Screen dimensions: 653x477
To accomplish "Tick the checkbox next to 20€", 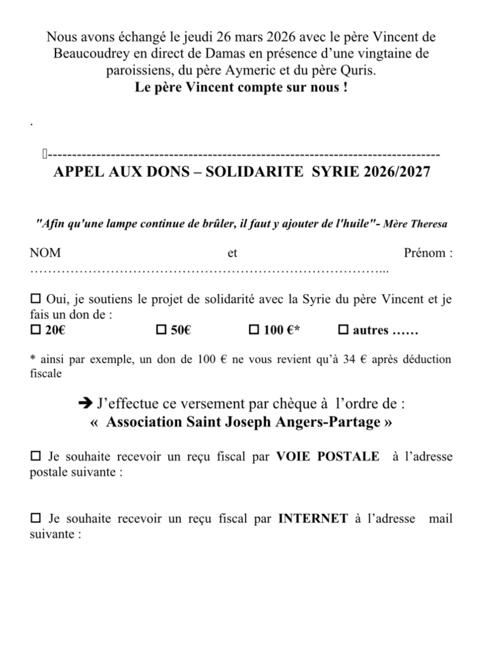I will [35, 330].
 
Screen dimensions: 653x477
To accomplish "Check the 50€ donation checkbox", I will [160, 330].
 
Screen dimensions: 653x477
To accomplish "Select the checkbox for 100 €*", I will [253, 330].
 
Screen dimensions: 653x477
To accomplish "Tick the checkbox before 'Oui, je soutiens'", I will [35, 298].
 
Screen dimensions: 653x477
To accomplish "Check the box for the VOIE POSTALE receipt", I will [35, 457].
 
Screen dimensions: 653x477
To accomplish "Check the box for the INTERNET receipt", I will [35, 518].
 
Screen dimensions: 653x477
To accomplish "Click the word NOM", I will [45, 253].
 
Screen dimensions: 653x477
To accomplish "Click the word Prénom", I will [424, 253].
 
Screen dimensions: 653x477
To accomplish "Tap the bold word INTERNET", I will [313, 519].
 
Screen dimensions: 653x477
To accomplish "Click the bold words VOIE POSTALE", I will [327, 457].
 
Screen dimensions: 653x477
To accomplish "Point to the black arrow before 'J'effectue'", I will [84, 404].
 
